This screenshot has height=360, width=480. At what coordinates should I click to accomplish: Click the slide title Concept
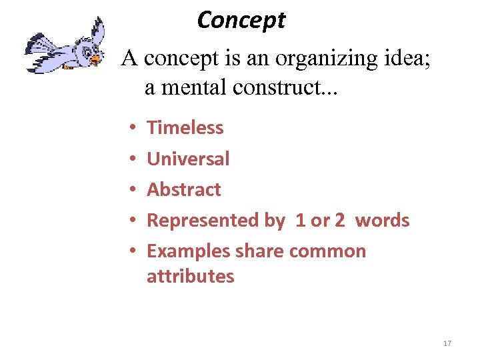point(241,21)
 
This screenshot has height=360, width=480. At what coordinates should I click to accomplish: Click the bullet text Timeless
point(185,127)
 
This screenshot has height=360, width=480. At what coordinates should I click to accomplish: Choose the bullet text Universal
point(188,159)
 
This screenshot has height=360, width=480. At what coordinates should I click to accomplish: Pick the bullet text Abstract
point(183,189)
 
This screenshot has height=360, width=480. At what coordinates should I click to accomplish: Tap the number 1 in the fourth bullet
point(300,221)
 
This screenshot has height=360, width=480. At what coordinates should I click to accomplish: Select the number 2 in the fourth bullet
point(339,221)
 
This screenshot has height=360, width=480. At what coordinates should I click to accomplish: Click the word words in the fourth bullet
point(382,221)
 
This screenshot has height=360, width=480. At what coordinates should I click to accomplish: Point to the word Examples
point(189,251)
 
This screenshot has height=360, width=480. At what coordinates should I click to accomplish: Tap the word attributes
point(190,276)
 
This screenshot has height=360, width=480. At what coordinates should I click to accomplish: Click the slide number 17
point(447,343)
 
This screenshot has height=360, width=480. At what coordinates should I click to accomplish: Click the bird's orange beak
point(95,60)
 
